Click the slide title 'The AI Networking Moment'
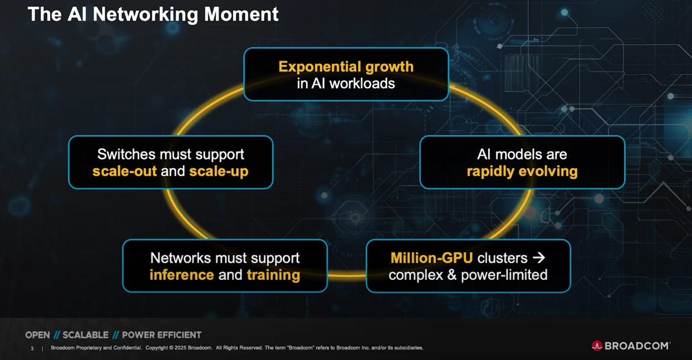click(x=153, y=14)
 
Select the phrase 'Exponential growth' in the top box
click(x=346, y=67)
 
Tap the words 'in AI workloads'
click(x=346, y=84)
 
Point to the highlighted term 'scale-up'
click(x=219, y=172)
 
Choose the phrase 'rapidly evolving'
click(x=522, y=172)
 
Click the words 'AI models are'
click(x=522, y=154)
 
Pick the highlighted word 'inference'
click(x=182, y=275)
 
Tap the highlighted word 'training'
click(x=273, y=275)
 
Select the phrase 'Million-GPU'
click(x=432, y=258)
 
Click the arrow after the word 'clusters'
click(x=539, y=258)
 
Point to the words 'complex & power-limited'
click(x=468, y=275)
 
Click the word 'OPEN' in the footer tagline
click(x=37, y=335)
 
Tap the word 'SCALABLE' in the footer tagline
click(x=86, y=335)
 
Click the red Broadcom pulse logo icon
click(x=596, y=345)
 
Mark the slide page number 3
click(x=32, y=348)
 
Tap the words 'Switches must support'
click(x=171, y=154)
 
